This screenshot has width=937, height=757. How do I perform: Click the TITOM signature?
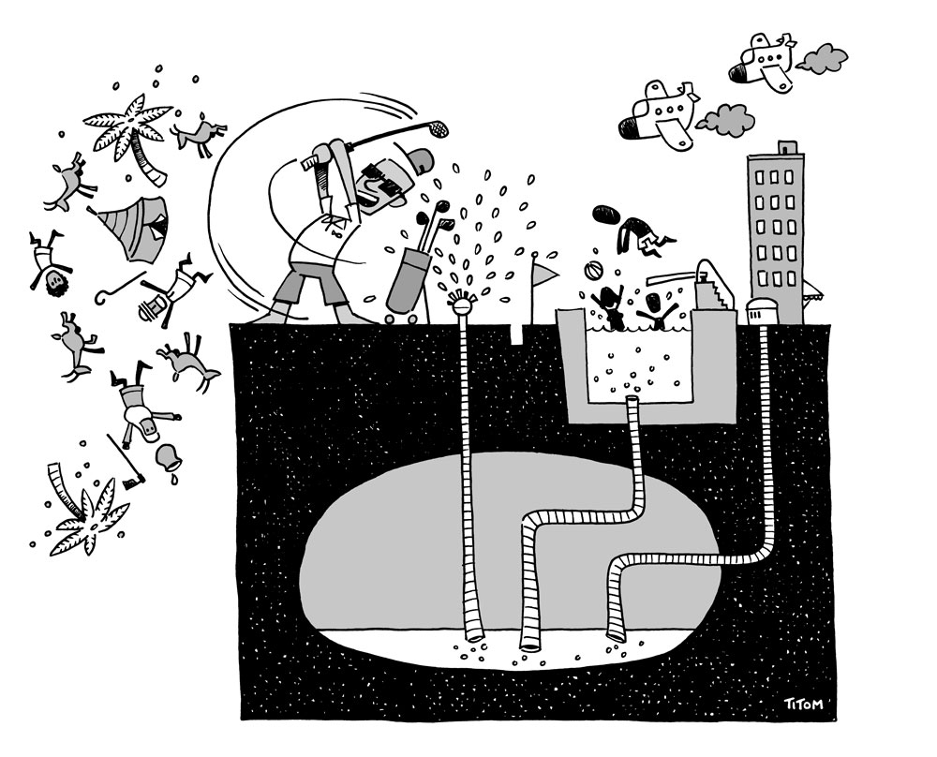[803, 704]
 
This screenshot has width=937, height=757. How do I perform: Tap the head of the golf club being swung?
[439, 126]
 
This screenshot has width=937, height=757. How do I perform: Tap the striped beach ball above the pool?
[590, 272]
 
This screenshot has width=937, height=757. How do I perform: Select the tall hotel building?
[775, 233]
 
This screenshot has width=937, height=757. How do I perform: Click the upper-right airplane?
[764, 63]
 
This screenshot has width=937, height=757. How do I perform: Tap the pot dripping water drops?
[167, 457]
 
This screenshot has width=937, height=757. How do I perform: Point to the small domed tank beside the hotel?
[762, 311]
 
